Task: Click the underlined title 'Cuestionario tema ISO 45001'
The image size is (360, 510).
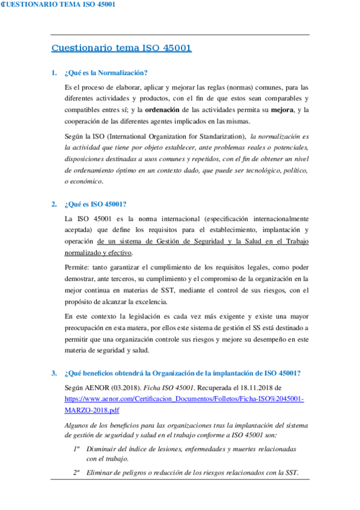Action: click(x=121, y=48)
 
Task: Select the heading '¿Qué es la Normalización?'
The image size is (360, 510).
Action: click(x=106, y=73)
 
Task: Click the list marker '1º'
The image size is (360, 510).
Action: click(x=77, y=449)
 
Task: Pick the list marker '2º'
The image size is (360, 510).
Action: click(x=77, y=472)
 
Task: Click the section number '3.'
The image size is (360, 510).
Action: click(x=55, y=373)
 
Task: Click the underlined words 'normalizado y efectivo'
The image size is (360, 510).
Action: click(x=98, y=253)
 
